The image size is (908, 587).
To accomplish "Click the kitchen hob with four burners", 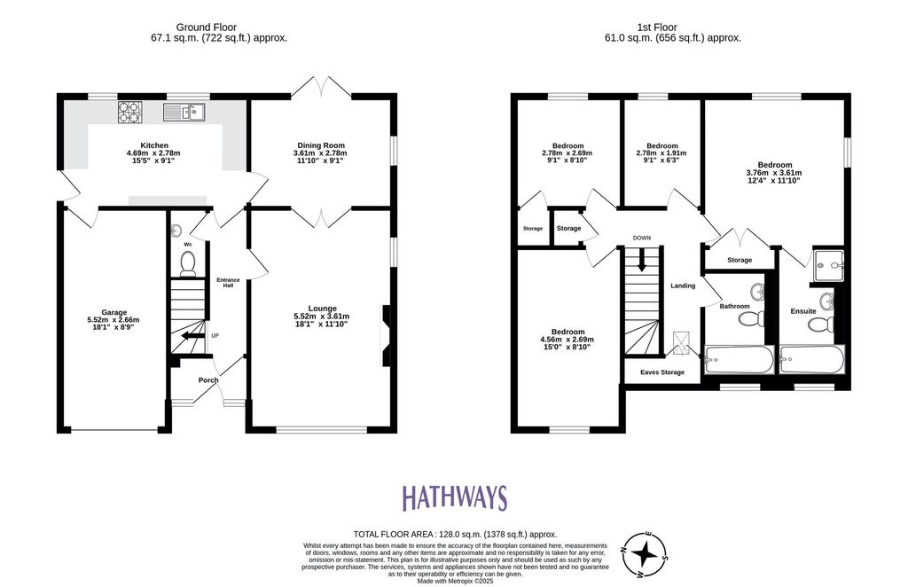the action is [130, 112].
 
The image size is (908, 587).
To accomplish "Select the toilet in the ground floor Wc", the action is [188, 263].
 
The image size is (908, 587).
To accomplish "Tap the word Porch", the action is [208, 380].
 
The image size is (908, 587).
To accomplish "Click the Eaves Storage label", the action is [661, 372].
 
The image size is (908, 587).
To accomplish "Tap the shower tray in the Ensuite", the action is [829, 266].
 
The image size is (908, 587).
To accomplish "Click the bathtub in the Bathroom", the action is [739, 360].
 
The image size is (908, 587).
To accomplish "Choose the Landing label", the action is [683, 286].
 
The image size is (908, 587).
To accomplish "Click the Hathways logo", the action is [455, 498].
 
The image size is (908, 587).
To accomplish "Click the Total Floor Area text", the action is [455, 535].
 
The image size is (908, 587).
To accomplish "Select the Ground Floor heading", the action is [206, 27].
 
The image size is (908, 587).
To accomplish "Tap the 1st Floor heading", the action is [657, 27].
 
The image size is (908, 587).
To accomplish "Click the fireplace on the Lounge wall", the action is [386, 336].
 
